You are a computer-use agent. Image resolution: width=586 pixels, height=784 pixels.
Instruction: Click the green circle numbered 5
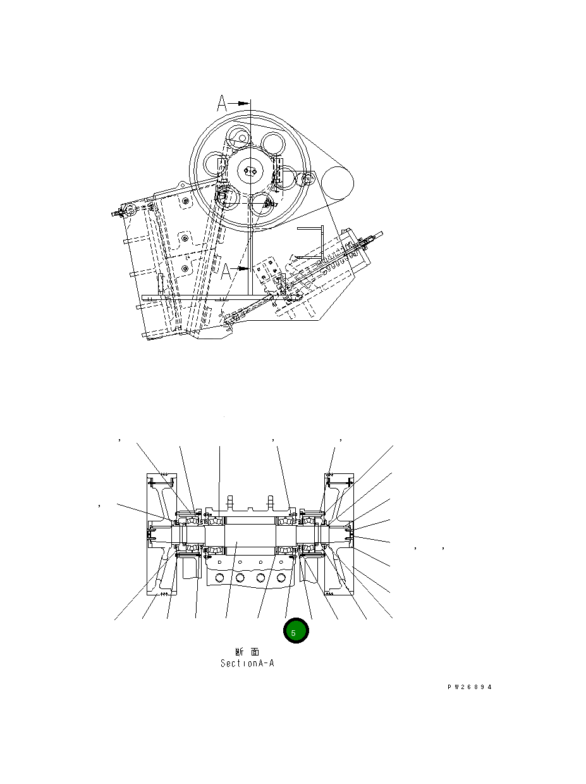(295, 632)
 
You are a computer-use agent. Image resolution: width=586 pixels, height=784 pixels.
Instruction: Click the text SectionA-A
(247, 664)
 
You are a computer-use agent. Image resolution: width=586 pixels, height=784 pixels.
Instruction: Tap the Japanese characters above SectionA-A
(247, 652)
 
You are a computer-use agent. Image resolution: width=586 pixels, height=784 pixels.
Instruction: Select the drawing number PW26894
(468, 687)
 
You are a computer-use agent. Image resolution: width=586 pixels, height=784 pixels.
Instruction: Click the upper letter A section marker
(223, 103)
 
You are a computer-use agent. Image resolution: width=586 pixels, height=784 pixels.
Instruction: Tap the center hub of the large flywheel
(251, 171)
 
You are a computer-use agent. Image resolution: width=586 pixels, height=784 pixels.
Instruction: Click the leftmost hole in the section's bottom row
(219, 578)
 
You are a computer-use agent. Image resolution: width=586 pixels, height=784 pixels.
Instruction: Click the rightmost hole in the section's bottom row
(281, 578)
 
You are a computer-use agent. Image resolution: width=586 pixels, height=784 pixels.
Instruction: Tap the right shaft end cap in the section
(351, 533)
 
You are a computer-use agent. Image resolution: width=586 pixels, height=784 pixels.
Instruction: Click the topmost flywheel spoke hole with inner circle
(240, 135)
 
